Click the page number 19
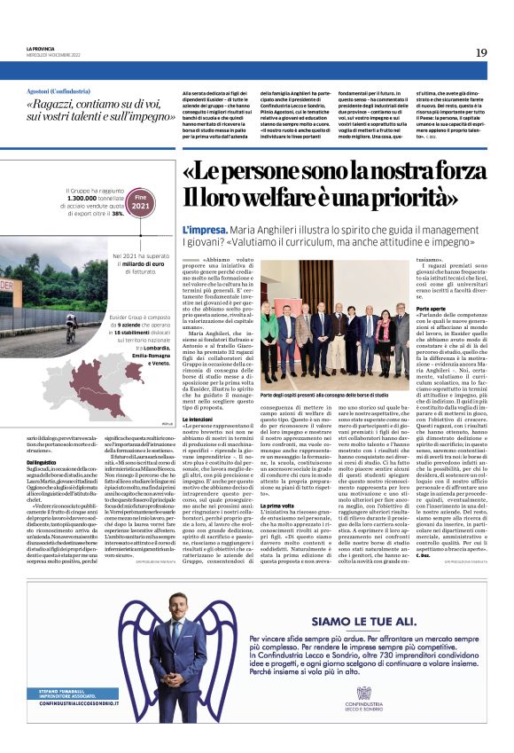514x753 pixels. (481, 52)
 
